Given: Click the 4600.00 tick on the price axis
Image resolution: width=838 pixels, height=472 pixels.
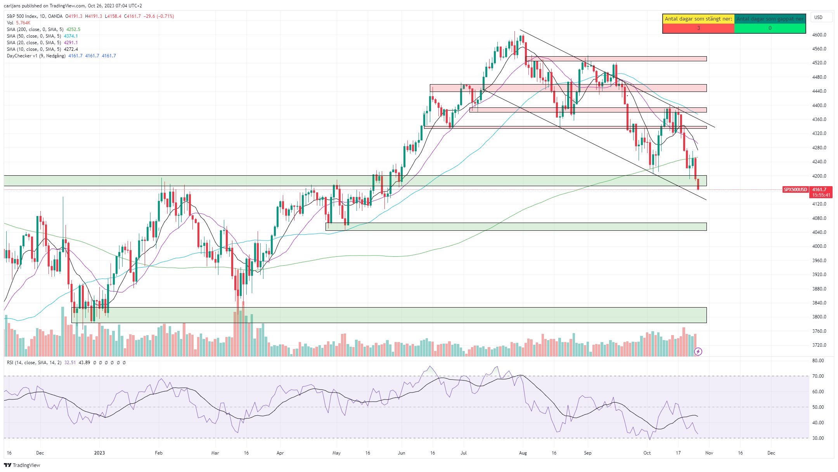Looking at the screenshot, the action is tap(819, 35).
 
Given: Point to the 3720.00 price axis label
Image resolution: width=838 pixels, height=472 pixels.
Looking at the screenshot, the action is tap(819, 345).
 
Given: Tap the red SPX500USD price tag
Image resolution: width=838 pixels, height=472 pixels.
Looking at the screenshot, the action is tap(795, 190).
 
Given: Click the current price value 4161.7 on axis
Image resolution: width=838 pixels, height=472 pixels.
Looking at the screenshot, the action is tap(819, 190).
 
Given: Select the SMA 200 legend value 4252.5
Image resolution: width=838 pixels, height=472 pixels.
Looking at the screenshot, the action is tap(73, 29).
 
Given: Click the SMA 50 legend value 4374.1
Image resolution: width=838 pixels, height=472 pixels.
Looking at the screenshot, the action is tap(71, 36).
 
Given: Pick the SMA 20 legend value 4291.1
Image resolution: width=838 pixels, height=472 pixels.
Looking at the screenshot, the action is tap(71, 43).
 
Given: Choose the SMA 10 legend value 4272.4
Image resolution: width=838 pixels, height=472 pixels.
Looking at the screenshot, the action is tap(71, 49).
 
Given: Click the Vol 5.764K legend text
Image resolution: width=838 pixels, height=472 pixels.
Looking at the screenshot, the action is tap(19, 23).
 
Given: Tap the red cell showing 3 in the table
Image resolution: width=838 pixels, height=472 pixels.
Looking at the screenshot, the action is tap(698, 28).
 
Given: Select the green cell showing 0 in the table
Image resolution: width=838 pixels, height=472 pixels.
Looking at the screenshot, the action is tap(770, 28).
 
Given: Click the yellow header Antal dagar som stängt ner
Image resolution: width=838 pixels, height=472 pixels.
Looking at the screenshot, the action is tap(698, 19).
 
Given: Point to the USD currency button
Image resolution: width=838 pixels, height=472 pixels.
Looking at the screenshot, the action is tap(819, 17).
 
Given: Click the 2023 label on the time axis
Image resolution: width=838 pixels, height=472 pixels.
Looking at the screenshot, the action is tap(99, 453).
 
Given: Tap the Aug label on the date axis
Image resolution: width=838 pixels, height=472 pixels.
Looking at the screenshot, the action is tap(523, 453).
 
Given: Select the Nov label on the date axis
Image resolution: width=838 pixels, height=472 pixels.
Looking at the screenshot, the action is tap(709, 453).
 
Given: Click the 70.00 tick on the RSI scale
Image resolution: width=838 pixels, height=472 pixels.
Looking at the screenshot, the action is tap(818, 376).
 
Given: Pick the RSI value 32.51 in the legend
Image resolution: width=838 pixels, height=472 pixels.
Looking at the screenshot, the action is tap(70, 363).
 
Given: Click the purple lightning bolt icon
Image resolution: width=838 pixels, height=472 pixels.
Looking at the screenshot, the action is tap(698, 352).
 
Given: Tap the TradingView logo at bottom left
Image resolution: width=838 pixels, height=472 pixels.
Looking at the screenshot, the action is tap(22, 465).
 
